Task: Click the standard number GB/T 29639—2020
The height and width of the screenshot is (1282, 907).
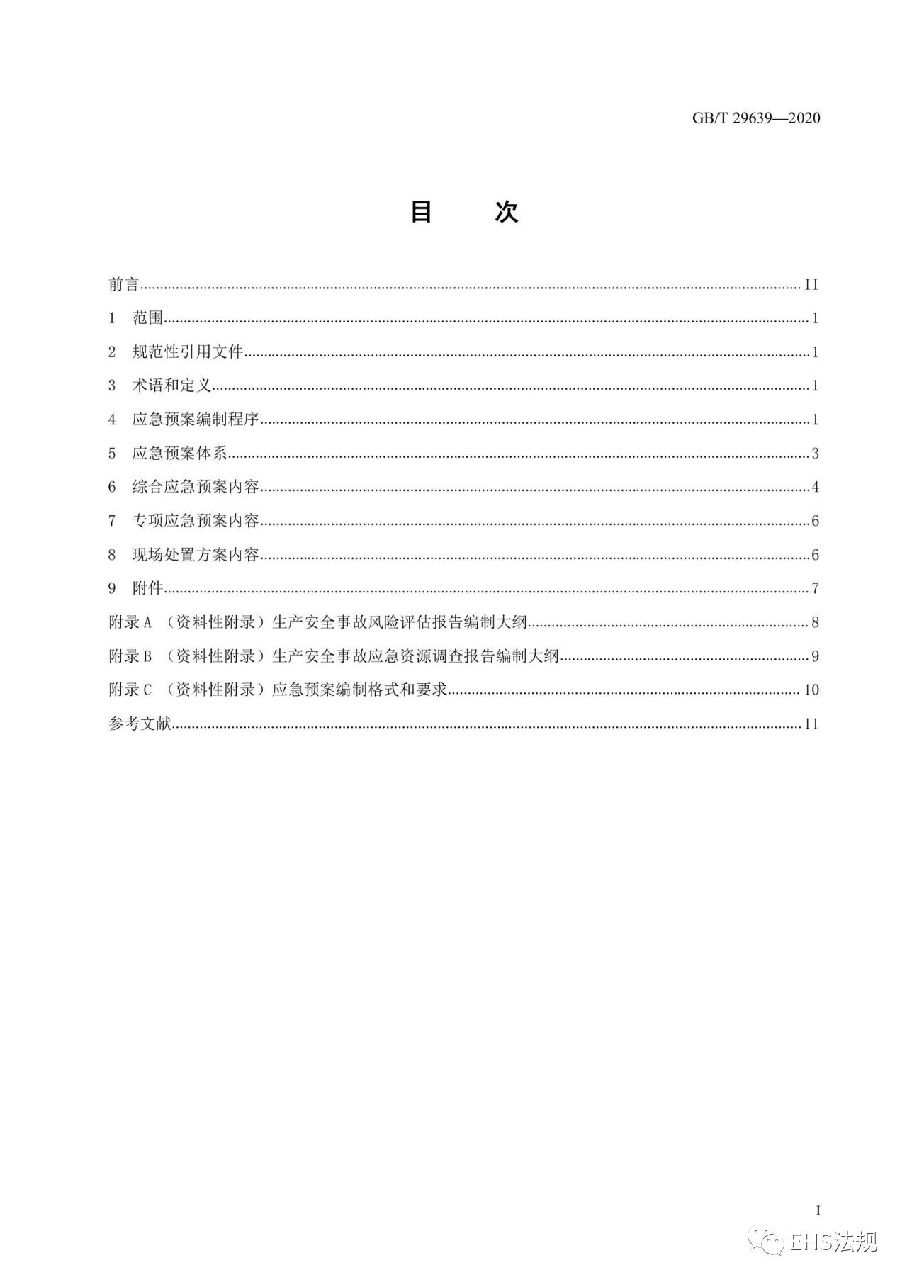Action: (756, 118)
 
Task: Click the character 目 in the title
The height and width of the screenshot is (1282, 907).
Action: (422, 212)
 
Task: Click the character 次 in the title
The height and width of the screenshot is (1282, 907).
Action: (506, 212)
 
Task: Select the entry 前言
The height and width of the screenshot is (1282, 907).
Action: (124, 285)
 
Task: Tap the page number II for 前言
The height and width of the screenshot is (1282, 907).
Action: (811, 285)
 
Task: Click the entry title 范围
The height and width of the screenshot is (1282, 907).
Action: (147, 318)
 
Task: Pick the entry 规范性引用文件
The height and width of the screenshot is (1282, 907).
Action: (187, 352)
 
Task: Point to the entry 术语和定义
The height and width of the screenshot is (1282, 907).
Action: (171, 386)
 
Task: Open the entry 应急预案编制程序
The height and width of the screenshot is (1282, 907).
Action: (196, 420)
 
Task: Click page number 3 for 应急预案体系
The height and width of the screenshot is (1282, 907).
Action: (816, 454)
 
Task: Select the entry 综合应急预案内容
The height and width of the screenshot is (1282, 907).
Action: (196, 487)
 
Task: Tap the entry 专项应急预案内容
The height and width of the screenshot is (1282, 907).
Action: (196, 521)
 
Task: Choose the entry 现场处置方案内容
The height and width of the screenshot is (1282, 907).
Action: (196, 554)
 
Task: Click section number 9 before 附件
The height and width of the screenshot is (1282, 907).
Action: (112, 588)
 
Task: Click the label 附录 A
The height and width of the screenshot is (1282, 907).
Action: (130, 622)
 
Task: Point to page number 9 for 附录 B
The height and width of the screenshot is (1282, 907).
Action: (816, 656)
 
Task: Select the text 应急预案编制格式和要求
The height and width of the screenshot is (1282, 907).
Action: (359, 690)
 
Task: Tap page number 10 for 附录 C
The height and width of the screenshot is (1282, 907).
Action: (811, 690)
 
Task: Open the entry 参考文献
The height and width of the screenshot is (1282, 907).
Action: (140, 724)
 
